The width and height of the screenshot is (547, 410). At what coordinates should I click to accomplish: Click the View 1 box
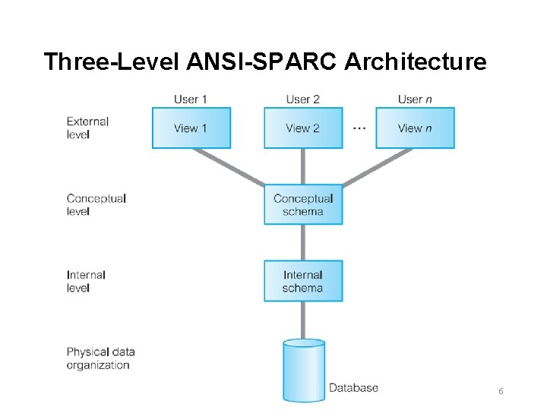pyautogui.click(x=191, y=128)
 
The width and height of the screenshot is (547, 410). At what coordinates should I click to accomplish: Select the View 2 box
pyautogui.click(x=303, y=128)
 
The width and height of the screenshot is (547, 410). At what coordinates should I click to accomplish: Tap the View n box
pyautogui.click(x=415, y=128)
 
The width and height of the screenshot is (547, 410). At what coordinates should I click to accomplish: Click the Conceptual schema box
pyautogui.click(x=303, y=205)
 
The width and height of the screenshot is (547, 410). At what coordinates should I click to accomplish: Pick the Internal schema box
pyautogui.click(x=303, y=281)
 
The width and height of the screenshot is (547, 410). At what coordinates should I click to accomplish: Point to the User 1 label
pyautogui.click(x=191, y=99)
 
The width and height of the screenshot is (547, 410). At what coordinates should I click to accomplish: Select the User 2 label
pyautogui.click(x=302, y=99)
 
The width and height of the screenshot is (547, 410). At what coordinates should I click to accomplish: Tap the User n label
pyautogui.click(x=414, y=99)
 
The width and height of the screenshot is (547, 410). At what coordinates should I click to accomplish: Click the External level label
pyautogui.click(x=87, y=128)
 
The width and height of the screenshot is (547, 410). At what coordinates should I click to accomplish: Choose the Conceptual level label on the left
pyautogui.click(x=96, y=205)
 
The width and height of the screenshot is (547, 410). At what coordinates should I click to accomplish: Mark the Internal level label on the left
pyautogui.click(x=86, y=281)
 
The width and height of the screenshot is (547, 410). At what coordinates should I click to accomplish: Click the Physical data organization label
pyautogui.click(x=100, y=358)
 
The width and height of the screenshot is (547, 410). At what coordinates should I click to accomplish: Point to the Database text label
pyautogui.click(x=353, y=388)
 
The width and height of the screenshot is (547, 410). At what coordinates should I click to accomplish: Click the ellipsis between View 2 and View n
pyautogui.click(x=359, y=128)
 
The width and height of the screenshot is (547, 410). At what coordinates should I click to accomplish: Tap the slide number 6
pyautogui.click(x=501, y=391)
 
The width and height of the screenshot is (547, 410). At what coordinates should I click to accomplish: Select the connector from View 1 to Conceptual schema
pyautogui.click(x=228, y=167)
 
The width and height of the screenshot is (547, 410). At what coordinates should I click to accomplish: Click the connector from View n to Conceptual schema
pyautogui.click(x=378, y=167)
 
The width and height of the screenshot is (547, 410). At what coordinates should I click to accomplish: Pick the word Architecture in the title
pyautogui.click(x=416, y=61)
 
